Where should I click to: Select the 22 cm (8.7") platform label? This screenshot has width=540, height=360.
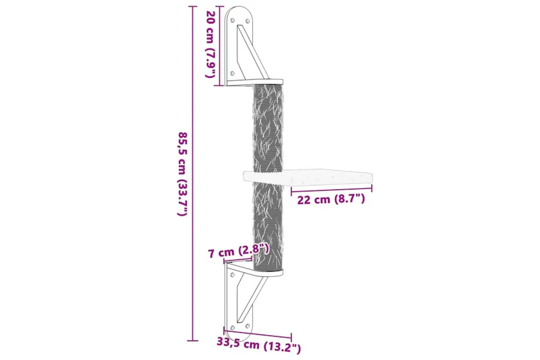pos(331,199)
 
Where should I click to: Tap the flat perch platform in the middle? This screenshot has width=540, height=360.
pos(308,176)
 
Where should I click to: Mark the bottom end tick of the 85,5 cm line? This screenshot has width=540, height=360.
pos(191,339)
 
